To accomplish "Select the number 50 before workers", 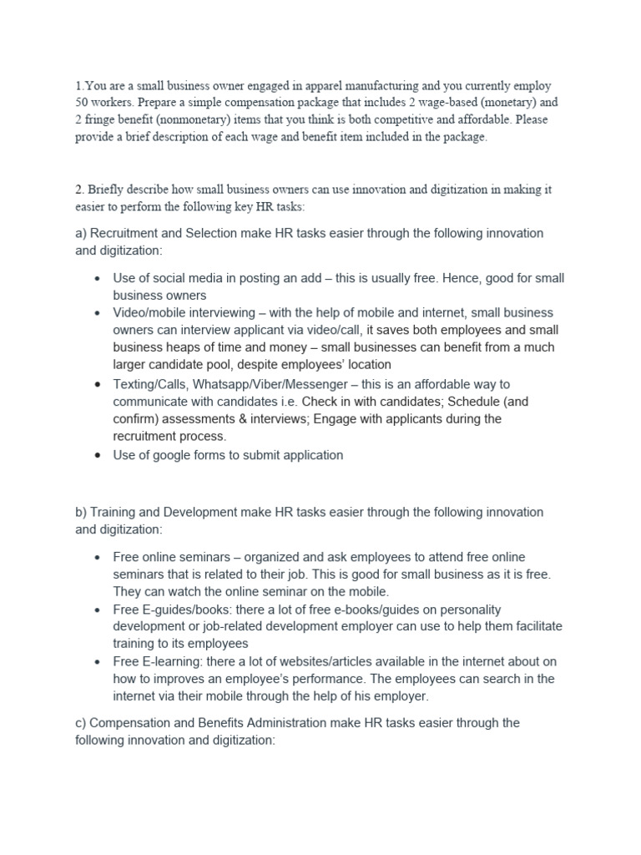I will click(x=82, y=104).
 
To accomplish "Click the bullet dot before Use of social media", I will click(x=98, y=279).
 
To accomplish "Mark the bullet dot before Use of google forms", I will click(x=98, y=456).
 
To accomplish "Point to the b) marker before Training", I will click(x=81, y=512).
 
